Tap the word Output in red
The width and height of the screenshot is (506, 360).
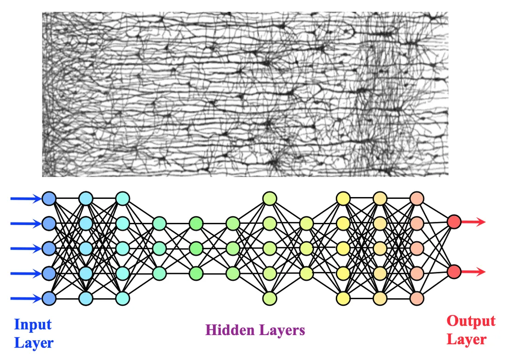coord(471,321)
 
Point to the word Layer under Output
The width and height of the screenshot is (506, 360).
coord(466,340)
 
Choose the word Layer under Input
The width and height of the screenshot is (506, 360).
coord(34,343)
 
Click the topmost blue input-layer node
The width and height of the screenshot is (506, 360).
coord(49,198)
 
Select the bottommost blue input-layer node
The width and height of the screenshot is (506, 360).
coord(49,298)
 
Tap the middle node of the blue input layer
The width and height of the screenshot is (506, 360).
coord(49,249)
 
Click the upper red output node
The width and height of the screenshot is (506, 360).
coord(454,222)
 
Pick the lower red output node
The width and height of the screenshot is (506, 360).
coord(454,272)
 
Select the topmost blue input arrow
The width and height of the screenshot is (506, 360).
coord(25,199)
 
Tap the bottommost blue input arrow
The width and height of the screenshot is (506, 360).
coord(25,299)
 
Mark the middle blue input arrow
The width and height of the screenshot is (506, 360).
coord(25,249)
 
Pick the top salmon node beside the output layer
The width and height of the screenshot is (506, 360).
coord(416,198)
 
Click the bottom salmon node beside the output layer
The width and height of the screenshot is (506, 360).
coord(416,298)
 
